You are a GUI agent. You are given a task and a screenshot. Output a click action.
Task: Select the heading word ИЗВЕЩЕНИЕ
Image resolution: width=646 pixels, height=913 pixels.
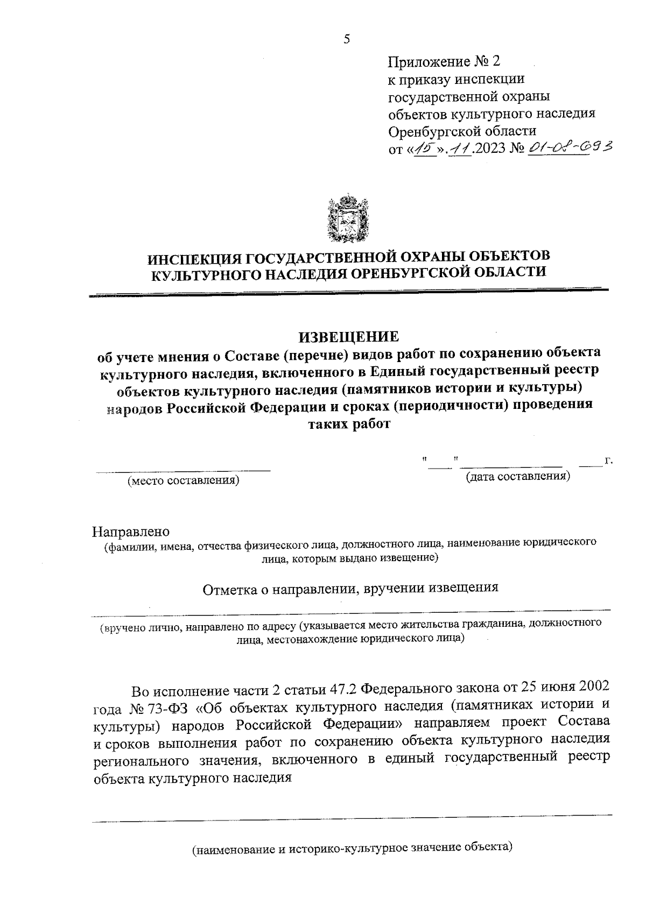(x=349, y=337)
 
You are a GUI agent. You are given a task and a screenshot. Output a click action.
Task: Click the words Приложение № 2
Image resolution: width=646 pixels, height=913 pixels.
(x=444, y=61)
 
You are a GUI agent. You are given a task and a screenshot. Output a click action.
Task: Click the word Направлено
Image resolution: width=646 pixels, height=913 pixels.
(x=131, y=532)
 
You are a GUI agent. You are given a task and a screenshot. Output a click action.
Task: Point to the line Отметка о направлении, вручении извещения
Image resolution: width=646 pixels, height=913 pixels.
(x=350, y=588)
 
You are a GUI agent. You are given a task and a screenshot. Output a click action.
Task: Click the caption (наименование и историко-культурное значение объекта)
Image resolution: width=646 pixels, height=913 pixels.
(x=353, y=848)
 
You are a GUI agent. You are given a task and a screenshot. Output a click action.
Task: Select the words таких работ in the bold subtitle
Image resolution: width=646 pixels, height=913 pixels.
(x=348, y=423)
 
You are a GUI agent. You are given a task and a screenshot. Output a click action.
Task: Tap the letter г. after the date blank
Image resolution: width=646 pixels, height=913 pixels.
(x=609, y=461)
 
